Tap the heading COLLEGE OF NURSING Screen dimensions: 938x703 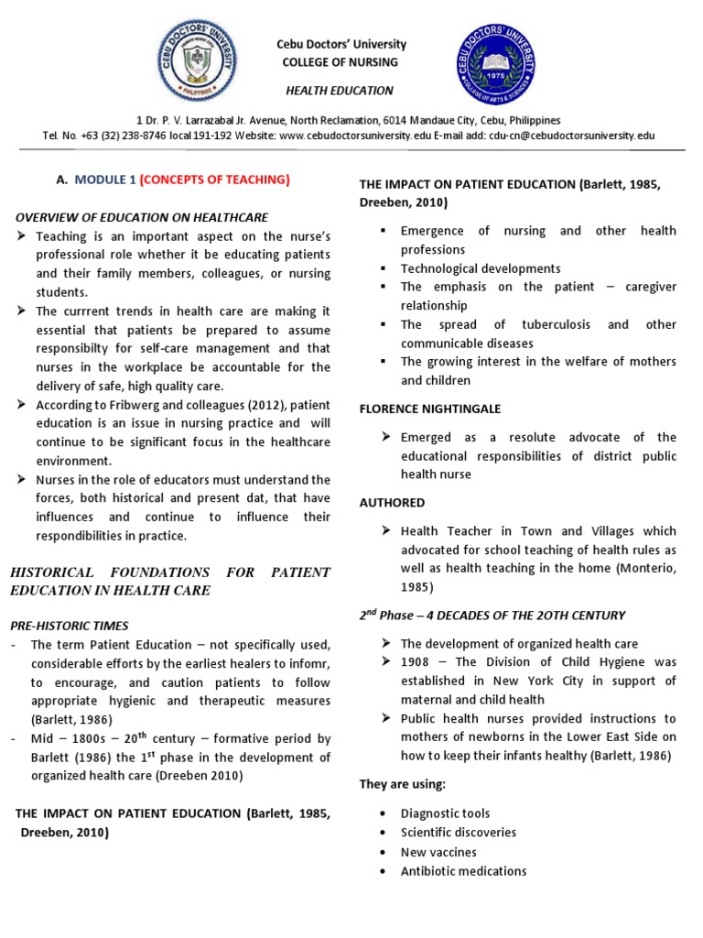click(x=341, y=62)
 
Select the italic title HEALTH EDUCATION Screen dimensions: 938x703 click(x=341, y=91)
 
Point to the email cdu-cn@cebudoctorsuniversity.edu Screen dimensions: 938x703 click(x=572, y=135)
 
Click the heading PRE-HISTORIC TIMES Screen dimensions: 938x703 click(x=70, y=626)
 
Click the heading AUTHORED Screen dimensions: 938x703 click(x=392, y=502)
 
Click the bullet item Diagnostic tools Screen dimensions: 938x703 click(x=445, y=813)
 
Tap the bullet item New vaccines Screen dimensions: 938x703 click(x=438, y=852)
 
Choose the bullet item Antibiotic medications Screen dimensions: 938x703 click(x=463, y=871)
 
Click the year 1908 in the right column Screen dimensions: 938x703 click(x=416, y=662)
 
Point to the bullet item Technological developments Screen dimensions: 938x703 click(x=481, y=268)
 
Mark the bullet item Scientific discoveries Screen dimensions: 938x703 click(x=458, y=833)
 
